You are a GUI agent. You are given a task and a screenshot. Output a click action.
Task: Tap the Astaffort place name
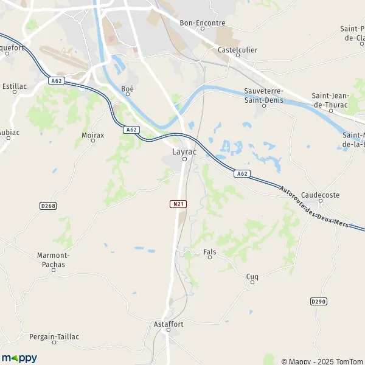[168, 324]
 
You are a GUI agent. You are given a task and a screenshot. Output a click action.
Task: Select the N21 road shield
[177, 204]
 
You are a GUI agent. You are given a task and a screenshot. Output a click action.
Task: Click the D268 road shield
[48, 206]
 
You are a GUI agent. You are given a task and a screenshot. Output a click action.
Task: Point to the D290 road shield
[319, 301]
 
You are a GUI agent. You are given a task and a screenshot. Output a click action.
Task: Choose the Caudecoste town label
[320, 195]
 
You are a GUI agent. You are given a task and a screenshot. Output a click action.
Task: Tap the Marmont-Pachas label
[54, 260]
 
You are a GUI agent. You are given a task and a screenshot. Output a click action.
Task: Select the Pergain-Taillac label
[54, 336]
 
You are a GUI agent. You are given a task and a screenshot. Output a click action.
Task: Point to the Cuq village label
[252, 277]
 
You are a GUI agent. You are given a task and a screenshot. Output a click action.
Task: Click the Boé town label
[127, 89]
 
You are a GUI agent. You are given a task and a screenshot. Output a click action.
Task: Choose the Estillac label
[14, 86]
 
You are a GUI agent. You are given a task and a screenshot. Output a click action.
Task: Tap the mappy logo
[19, 358]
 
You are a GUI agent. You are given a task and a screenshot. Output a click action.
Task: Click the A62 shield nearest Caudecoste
[242, 174]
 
